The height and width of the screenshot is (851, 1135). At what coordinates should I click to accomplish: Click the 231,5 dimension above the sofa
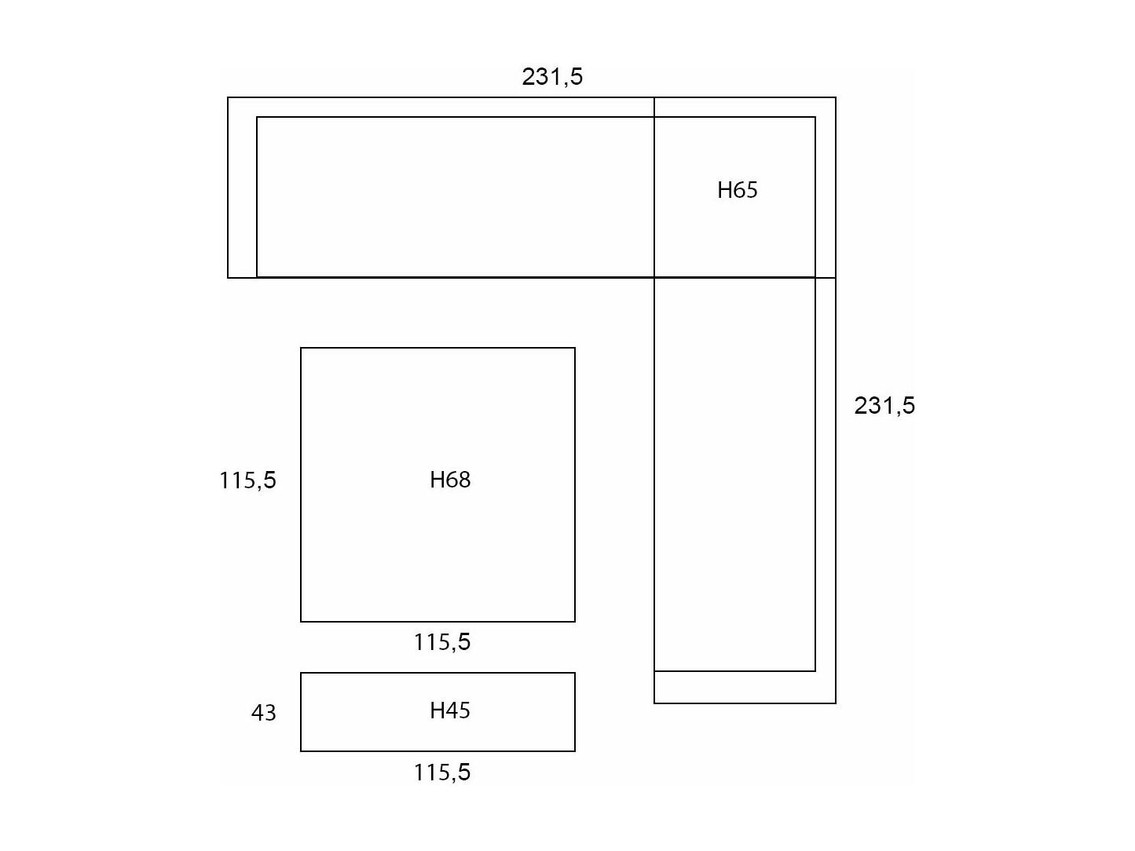[552, 76]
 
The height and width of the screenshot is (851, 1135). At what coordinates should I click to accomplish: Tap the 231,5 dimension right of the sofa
[884, 406]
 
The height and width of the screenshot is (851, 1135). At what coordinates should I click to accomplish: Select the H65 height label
[737, 190]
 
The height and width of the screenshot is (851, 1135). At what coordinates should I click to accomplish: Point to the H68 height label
[450, 480]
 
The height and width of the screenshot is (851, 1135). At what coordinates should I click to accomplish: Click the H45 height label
[450, 711]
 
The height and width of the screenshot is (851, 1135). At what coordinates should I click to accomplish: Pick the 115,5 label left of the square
[247, 480]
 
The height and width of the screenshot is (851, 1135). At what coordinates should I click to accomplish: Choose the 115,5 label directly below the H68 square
[442, 642]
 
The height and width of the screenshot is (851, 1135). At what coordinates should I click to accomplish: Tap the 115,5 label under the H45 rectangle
[442, 773]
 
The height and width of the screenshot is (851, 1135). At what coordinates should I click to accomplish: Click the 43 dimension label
[263, 713]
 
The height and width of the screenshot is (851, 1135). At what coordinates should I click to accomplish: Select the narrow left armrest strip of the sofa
[243, 188]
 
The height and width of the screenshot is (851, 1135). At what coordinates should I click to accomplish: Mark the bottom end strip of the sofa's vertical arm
[745, 687]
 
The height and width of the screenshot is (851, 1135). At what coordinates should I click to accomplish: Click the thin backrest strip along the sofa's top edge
[532, 107]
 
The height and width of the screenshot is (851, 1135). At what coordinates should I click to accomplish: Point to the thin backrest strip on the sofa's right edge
[826, 400]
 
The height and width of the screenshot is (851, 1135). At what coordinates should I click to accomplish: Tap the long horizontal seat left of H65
[456, 197]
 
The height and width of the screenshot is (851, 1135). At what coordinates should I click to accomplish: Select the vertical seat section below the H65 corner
[734, 474]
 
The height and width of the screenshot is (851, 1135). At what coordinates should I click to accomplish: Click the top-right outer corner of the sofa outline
[836, 97]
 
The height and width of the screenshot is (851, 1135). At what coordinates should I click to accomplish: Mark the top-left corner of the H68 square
[301, 348]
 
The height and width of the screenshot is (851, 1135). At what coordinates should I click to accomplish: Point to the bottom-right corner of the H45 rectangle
[575, 751]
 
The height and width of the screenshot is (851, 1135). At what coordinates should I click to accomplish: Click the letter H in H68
[437, 480]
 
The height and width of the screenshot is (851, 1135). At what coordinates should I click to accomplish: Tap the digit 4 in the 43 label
[257, 713]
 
